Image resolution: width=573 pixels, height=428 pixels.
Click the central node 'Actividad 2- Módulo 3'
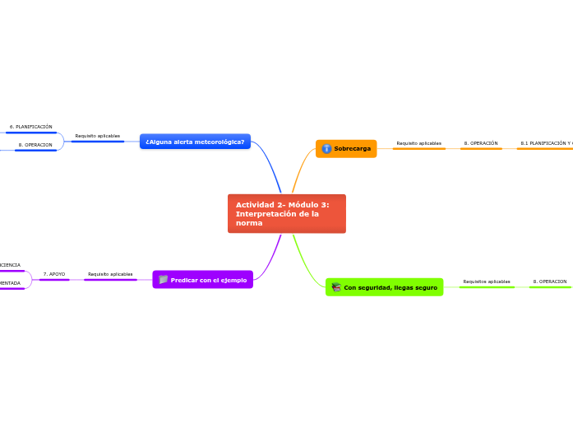(x=286, y=213)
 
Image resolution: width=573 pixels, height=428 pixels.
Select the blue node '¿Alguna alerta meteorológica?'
(x=195, y=142)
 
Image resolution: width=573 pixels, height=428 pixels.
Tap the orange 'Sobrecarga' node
(x=346, y=149)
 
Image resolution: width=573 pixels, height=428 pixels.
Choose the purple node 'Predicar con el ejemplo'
(x=203, y=280)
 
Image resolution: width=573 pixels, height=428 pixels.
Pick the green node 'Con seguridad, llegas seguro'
(x=384, y=287)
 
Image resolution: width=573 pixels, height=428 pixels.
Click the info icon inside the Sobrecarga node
(x=326, y=149)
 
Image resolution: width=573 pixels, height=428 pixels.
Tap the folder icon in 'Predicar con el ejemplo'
(x=163, y=280)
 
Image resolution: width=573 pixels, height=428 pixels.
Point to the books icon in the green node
(x=335, y=287)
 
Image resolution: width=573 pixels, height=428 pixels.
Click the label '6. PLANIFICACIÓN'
(x=30, y=127)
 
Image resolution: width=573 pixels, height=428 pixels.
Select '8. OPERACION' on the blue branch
(x=35, y=145)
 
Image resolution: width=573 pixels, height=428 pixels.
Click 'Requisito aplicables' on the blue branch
(x=97, y=136)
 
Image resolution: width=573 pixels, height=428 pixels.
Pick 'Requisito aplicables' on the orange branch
(x=418, y=143)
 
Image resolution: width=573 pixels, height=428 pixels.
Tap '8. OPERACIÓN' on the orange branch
(x=481, y=143)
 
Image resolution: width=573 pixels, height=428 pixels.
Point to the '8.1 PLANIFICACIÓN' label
(x=545, y=143)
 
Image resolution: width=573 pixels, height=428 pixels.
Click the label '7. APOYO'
(x=54, y=274)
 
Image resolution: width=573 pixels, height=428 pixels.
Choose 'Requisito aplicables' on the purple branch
(x=110, y=274)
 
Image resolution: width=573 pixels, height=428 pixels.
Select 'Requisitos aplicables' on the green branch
(x=487, y=281)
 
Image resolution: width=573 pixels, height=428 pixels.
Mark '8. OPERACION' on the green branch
(x=549, y=281)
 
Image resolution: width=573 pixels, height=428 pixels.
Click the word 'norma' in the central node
(x=249, y=223)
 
